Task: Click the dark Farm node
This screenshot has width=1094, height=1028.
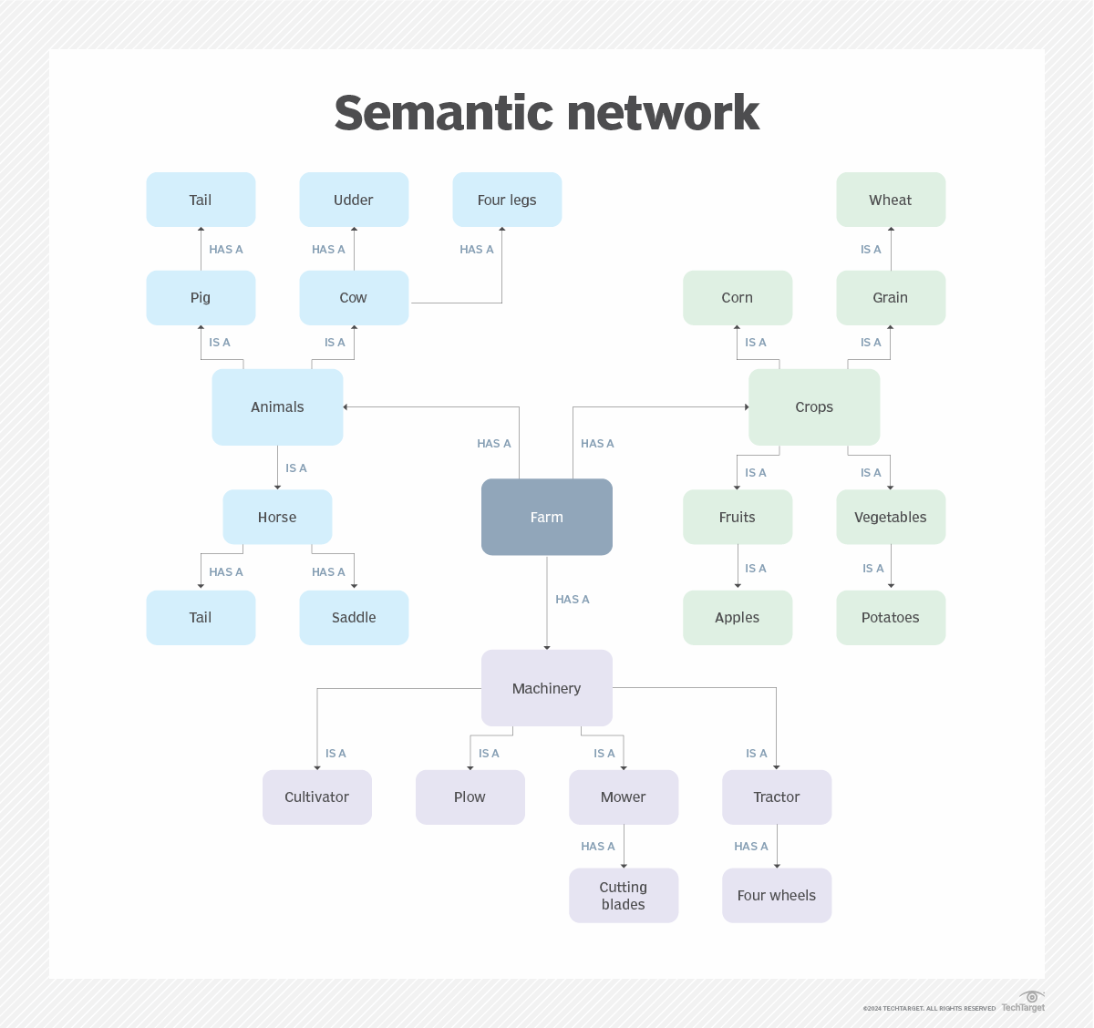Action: click(x=546, y=517)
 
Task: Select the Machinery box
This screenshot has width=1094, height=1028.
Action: click(x=546, y=688)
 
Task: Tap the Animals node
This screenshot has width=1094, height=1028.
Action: click(x=277, y=407)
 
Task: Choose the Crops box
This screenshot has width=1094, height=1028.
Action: click(x=813, y=407)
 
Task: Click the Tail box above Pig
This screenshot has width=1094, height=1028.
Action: click(x=201, y=200)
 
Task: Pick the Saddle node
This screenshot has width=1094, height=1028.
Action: click(x=354, y=618)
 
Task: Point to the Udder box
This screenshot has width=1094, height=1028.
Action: click(x=354, y=200)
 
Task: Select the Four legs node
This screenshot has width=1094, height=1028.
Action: click(x=507, y=200)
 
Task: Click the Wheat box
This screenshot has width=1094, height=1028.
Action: click(x=890, y=200)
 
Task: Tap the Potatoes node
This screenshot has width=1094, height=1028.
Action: click(x=890, y=618)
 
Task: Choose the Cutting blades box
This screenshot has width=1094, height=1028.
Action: click(x=624, y=896)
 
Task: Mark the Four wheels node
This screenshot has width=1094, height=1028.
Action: click(x=777, y=896)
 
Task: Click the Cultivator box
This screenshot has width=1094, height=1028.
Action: click(x=316, y=797)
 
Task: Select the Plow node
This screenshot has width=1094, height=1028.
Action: click(x=470, y=797)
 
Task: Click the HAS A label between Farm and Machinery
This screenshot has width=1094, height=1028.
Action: click(x=573, y=600)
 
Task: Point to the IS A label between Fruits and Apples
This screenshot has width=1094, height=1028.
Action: click(x=756, y=569)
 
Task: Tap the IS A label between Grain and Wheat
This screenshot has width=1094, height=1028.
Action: click(x=871, y=250)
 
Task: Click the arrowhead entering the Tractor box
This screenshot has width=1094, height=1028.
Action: click(x=777, y=767)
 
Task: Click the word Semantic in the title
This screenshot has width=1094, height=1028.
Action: click(x=442, y=113)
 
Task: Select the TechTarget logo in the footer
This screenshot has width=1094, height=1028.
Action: click(x=1024, y=1002)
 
